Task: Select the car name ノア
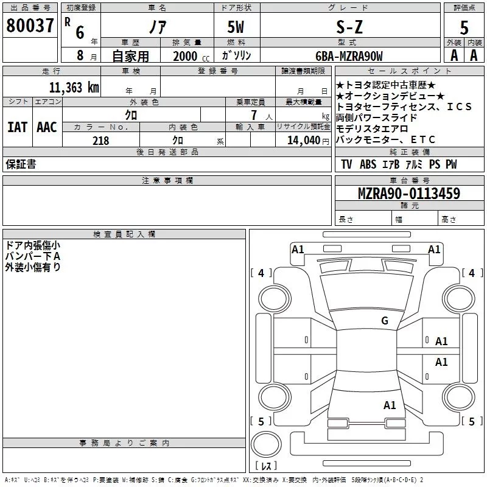click(x=158, y=27)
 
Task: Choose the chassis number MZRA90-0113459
click(x=408, y=194)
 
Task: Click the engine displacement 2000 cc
click(x=190, y=57)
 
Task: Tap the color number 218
click(x=100, y=141)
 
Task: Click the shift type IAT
click(x=17, y=127)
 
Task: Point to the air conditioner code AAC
click(x=46, y=127)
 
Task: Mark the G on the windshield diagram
click(x=384, y=321)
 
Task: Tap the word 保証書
click(x=21, y=165)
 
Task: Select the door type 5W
click(x=237, y=27)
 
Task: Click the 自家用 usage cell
click(x=130, y=57)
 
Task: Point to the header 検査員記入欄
click(x=124, y=234)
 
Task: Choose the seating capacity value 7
click(x=252, y=115)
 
